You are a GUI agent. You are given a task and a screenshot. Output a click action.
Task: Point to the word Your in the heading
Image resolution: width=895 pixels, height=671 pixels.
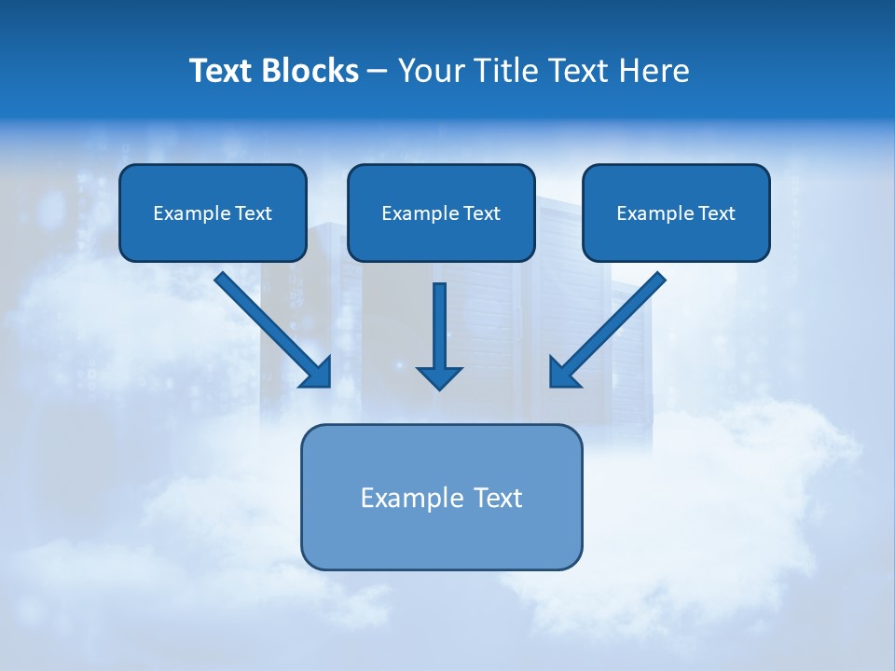[429, 71]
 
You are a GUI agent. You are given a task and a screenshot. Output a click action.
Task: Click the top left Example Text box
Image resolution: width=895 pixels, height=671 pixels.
[213, 212]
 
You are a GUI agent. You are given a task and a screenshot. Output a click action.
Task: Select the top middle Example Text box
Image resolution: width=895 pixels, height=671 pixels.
[441, 212]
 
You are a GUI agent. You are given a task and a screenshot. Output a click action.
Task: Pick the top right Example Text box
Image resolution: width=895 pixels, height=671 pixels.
[676, 212]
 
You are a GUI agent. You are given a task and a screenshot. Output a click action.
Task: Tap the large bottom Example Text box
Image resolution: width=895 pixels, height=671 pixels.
[441, 497]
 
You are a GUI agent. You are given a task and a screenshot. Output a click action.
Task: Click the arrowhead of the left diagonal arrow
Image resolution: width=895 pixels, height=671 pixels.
[317, 373]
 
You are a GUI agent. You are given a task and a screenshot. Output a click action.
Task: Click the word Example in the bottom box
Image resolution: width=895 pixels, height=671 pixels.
[404, 498]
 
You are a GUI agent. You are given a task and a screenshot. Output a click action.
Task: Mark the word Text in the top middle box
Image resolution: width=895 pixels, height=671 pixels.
[481, 213]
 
